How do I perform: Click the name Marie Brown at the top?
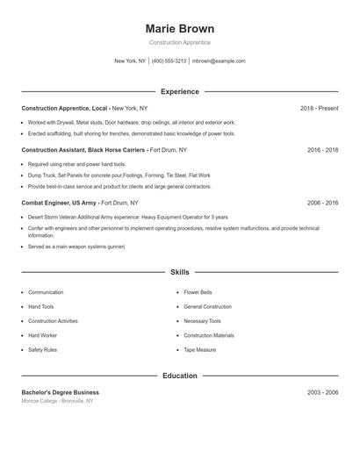pos(179,28)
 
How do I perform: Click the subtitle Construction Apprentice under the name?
pos(179,42)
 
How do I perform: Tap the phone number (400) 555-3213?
pos(169,61)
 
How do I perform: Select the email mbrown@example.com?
pos(219,61)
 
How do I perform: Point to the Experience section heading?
pos(179,91)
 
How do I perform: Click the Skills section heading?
pos(179,273)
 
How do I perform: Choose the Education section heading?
pos(179,376)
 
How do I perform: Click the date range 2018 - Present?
pos(319,108)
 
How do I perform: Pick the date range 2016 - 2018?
pos(322,150)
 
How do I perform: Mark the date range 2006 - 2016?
pos(322,203)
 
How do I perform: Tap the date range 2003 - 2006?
pos(322,392)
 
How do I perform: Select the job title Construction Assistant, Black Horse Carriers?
pos(83,150)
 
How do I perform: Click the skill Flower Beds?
pos(198,292)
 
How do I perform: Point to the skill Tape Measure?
pos(200,349)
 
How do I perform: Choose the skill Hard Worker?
pos(42,335)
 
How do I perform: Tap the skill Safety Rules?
pos(42,349)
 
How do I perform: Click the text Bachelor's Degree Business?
pos(60,392)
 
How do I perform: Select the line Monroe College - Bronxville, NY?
pos(58,401)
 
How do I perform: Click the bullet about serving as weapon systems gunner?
pos(76,247)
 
